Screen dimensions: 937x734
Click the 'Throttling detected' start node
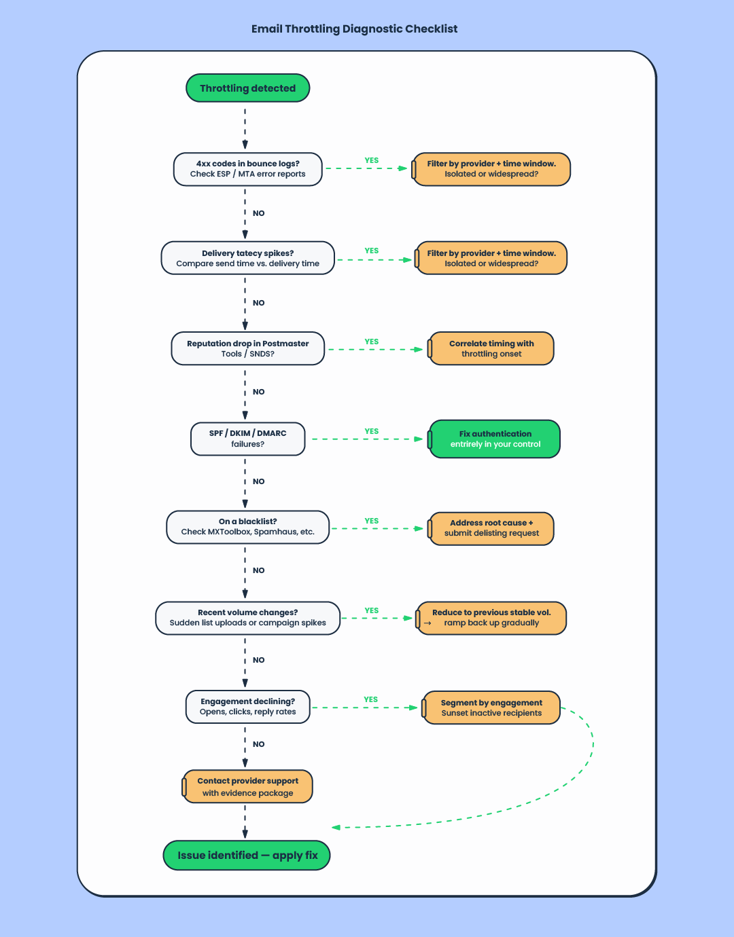pos(247,88)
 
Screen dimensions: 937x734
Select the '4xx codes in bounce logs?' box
pos(247,169)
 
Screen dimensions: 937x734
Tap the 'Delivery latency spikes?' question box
pos(247,258)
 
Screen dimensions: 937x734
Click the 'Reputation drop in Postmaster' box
pos(247,348)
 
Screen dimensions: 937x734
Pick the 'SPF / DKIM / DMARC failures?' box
pos(247,439)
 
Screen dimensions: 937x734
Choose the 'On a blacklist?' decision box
pos(247,527)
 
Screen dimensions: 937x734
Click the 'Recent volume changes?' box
pos(247,618)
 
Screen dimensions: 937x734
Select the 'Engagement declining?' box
pos(247,707)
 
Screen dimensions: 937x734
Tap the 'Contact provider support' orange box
pos(247,786)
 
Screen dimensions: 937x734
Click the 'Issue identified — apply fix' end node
pos(247,856)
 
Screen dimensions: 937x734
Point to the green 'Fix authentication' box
pos(495,439)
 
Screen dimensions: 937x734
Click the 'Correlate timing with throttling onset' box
pos(491,348)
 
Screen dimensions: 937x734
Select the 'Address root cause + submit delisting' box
pos(491,528)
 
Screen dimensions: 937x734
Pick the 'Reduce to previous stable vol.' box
pos(491,618)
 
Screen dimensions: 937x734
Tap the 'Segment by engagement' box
pos(491,708)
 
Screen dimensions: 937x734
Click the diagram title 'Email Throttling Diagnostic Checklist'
pos(354,29)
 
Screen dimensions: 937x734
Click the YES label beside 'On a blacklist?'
pos(371,521)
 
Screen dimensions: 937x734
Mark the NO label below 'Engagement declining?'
pos(258,744)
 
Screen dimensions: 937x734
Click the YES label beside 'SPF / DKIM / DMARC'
pos(371,431)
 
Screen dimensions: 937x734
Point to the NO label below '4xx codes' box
pos(258,213)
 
